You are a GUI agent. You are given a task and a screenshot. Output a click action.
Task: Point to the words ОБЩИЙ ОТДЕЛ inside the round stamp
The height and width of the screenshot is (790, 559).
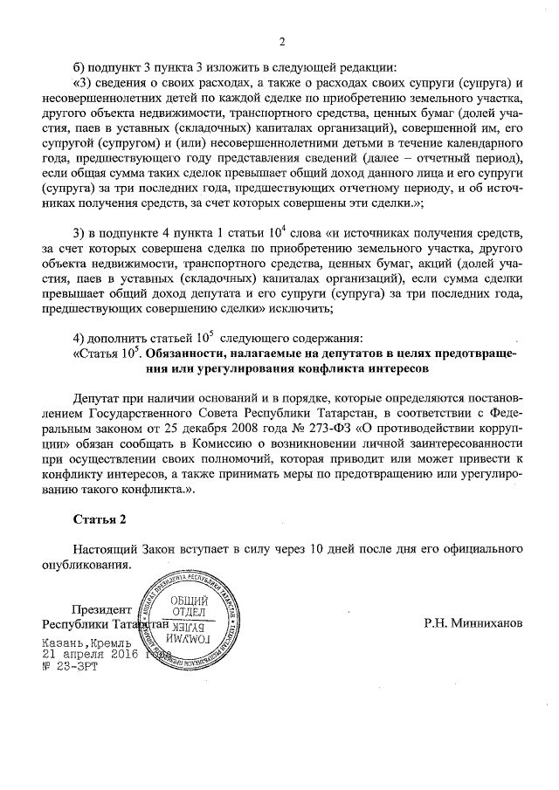188,606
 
